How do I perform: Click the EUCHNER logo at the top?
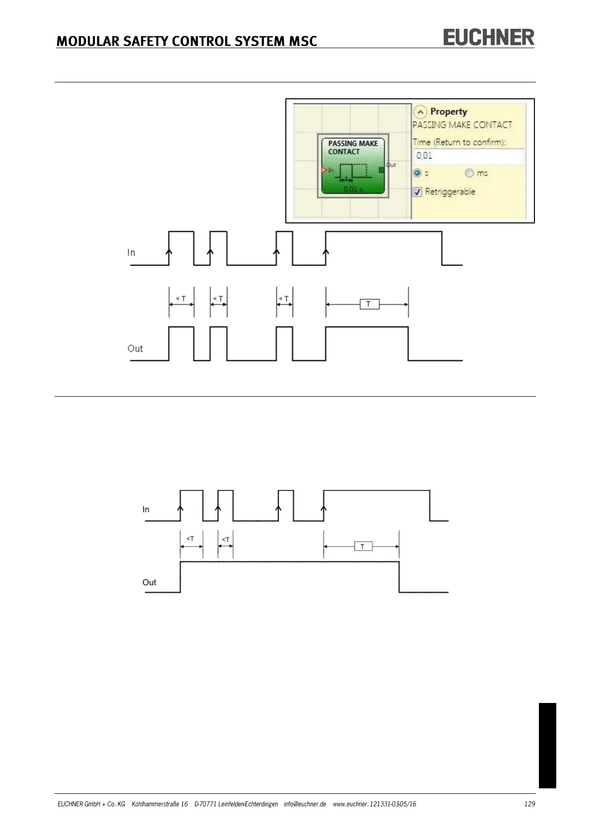[488, 38]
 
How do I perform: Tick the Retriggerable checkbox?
[417, 192]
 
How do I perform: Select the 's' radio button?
[417, 173]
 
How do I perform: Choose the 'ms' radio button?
[469, 173]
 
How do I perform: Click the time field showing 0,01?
[468, 156]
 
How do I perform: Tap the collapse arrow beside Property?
[420, 112]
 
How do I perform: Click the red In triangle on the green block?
[324, 170]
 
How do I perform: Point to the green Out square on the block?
[382, 170]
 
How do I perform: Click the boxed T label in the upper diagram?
[369, 304]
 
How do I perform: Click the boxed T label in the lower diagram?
[363, 546]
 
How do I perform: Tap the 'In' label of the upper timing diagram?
[131, 253]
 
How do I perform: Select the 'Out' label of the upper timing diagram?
[135, 348]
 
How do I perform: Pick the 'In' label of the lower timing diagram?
[146, 509]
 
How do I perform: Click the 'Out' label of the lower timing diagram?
[149, 582]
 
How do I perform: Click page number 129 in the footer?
[529, 804]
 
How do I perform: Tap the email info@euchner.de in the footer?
[305, 804]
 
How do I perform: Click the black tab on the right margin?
[547, 745]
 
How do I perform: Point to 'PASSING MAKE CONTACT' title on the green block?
[353, 147]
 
